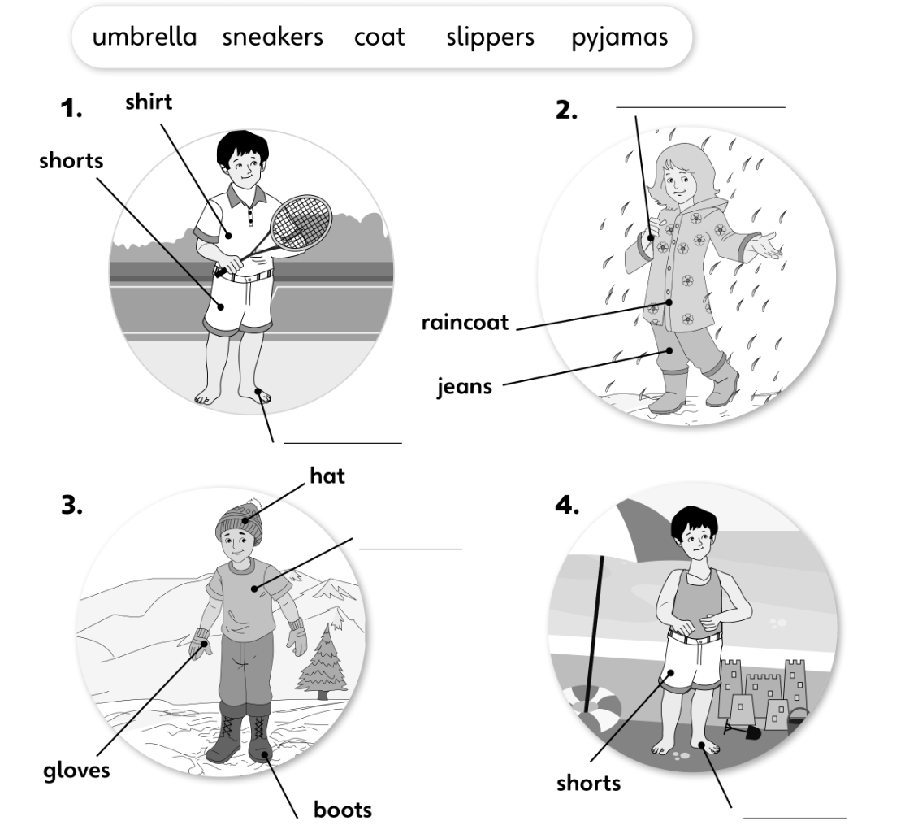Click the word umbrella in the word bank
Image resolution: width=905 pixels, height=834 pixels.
(x=145, y=37)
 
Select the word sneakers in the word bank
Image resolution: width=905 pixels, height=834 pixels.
(x=273, y=37)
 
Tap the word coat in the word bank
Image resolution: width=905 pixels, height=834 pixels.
(x=379, y=37)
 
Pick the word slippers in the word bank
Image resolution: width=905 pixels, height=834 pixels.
(x=490, y=37)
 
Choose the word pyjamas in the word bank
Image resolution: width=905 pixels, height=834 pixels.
(x=620, y=37)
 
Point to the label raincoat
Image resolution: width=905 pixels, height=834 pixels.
(x=465, y=323)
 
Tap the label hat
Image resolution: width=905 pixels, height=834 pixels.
(x=327, y=476)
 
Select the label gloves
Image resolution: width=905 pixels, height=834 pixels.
(x=77, y=769)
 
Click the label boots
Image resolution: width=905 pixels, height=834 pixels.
(x=343, y=810)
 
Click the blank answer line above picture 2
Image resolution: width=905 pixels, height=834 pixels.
(x=700, y=106)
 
